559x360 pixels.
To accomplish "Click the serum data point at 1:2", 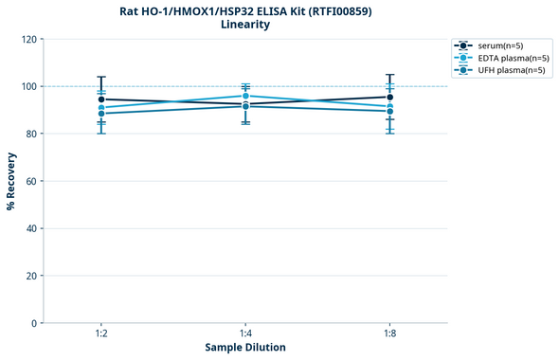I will tap(101, 99).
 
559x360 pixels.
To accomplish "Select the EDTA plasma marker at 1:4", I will tap(245, 96).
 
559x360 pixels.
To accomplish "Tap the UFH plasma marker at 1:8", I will tap(389, 111).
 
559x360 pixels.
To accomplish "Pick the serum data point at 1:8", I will tap(389, 97).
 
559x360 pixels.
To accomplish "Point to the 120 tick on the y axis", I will tap(28, 39).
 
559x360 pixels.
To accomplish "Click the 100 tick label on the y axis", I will tap(28, 86).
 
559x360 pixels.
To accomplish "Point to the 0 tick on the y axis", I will tap(34, 323).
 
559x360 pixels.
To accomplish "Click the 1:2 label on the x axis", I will tap(101, 334).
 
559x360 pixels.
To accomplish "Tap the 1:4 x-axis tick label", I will tap(245, 334).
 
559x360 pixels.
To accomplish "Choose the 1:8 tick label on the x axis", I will tap(389, 334).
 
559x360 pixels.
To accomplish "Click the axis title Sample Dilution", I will tap(245, 348).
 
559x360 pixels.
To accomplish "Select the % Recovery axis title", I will tap(11, 180).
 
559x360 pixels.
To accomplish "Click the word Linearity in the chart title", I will tap(244, 25).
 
